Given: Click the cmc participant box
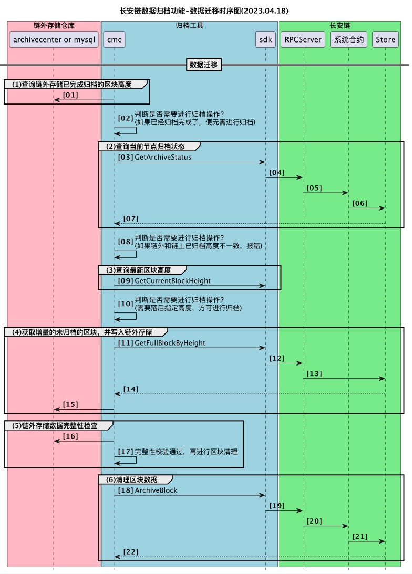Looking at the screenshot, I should coord(114,39).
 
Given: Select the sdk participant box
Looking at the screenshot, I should coord(265,39).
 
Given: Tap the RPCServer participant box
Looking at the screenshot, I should coord(303,39).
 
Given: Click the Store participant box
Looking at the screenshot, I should coord(385,39).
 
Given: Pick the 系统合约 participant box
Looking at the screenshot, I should coord(348,39).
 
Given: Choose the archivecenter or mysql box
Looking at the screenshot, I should coord(54,39).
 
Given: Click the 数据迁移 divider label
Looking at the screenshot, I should coord(204,65).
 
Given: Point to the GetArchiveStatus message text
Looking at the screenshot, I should coord(163,157).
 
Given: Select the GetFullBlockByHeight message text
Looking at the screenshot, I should coord(170,343).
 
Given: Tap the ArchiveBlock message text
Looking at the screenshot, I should coord(156,490).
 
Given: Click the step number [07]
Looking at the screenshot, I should coord(130,218).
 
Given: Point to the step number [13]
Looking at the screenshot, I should coord(314,373).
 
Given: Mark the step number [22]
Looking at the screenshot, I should coord(130,551).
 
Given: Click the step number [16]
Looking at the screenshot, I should coord(70,436).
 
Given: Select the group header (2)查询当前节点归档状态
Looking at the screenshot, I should coord(150,146).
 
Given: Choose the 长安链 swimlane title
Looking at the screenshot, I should coord(340,25).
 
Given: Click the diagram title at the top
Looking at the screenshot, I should coord(204,10).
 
